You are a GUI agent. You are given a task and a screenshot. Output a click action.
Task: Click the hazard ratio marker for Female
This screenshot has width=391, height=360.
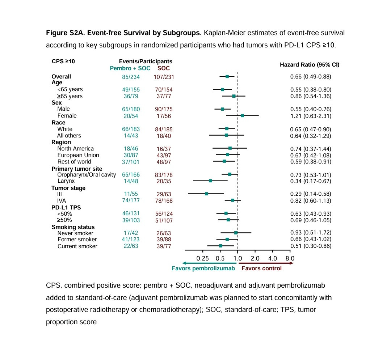pyautogui.click(x=243, y=116)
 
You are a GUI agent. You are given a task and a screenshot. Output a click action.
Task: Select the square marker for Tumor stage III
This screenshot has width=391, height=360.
pyautogui.click(x=206, y=194)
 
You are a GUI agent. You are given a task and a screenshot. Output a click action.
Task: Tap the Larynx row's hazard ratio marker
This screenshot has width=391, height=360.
pyautogui.click(x=210, y=181)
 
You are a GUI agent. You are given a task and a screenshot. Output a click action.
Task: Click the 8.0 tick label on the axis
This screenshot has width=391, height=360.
pyautogui.click(x=290, y=258)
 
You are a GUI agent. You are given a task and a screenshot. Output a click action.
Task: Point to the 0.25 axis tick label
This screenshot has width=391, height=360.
pyautogui.click(x=202, y=258)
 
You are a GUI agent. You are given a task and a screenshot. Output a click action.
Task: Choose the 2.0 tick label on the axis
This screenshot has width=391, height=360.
pyautogui.click(x=255, y=258)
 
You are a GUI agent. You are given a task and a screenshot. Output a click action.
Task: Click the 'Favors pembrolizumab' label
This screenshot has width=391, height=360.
pyautogui.click(x=203, y=268)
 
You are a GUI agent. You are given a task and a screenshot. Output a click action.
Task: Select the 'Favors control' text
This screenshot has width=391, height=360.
pyautogui.click(x=261, y=268)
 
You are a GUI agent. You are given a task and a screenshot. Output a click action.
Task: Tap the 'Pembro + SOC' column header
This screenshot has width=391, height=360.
pyautogui.click(x=130, y=68)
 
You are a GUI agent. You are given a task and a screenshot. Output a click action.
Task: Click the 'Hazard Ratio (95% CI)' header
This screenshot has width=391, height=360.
pyautogui.click(x=310, y=65)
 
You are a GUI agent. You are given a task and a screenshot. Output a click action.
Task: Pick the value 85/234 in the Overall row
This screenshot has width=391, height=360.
pyautogui.click(x=131, y=77)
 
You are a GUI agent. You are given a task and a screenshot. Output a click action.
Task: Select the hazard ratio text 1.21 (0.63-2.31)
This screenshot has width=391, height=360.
pyautogui.click(x=311, y=116)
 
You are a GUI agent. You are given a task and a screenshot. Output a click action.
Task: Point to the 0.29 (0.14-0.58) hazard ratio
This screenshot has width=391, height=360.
pyautogui.click(x=311, y=194)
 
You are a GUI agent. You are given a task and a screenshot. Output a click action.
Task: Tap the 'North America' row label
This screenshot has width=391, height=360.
pyautogui.click(x=75, y=149)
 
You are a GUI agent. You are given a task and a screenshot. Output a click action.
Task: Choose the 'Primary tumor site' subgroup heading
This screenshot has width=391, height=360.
pyautogui.click(x=77, y=169)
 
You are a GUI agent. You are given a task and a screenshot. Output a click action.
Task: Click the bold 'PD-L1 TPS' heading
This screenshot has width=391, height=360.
pyautogui.click(x=66, y=208)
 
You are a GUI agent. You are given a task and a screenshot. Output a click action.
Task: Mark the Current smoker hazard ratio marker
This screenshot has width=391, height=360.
pyautogui.click(x=220, y=246)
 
